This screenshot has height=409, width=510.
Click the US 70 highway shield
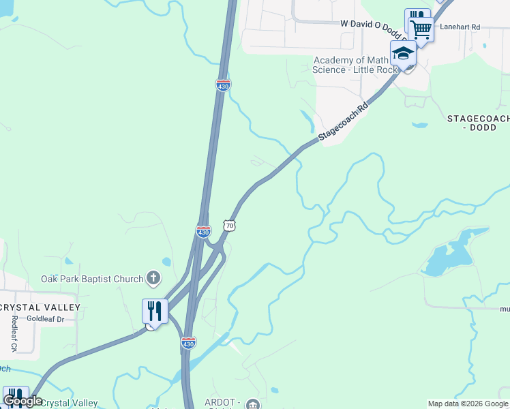click(230, 226)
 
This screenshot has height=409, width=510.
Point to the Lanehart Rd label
click(460, 27)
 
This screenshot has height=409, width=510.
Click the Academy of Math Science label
click(355, 65)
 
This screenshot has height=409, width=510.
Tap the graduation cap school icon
click(403, 53)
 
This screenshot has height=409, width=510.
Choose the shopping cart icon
click(421, 29)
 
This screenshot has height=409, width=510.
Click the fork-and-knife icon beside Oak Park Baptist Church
click(155, 312)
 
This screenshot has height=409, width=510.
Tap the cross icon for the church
click(153, 277)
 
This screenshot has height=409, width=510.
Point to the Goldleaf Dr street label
click(40, 318)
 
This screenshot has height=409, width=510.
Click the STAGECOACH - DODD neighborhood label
click(477, 123)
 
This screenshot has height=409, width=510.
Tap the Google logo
click(22, 400)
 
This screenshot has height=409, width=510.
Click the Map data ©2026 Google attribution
click(468, 404)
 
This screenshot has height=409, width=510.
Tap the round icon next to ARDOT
click(254, 404)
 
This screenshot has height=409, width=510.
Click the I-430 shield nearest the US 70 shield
click(203, 232)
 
